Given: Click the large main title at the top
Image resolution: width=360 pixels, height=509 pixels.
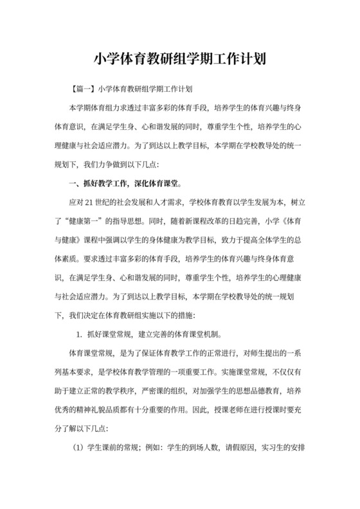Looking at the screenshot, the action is click(x=180, y=59).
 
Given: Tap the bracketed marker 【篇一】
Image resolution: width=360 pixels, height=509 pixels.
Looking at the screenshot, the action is click(x=85, y=87).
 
